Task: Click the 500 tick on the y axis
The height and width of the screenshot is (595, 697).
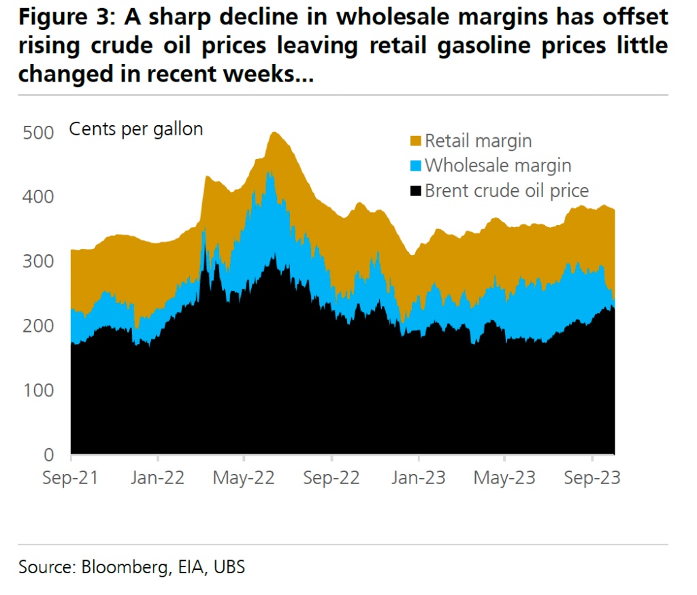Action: point(37,133)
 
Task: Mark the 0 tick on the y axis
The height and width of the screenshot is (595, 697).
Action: point(48,454)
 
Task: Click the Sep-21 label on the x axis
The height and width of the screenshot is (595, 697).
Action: point(70,478)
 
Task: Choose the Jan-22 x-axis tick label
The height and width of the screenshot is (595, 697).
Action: point(157,478)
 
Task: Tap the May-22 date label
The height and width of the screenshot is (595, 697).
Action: point(244,478)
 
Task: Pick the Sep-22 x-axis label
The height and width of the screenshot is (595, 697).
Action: point(331,478)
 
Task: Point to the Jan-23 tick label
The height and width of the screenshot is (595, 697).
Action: point(418,478)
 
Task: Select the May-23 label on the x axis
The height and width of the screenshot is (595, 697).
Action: point(504,478)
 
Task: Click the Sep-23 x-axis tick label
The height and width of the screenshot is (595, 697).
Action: point(592,478)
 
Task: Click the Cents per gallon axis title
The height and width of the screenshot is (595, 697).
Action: point(136,129)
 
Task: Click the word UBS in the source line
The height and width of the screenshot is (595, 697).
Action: point(228,566)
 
